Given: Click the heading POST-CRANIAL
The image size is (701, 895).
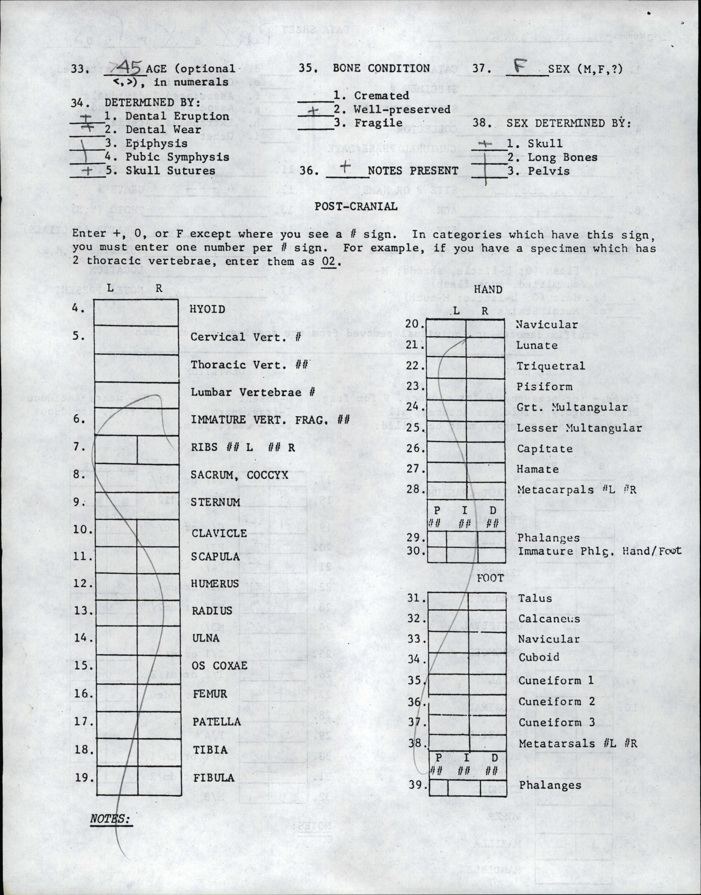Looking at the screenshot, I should (356, 206).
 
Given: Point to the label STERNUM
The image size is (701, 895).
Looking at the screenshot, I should (215, 502).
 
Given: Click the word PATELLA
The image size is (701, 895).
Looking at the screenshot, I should (217, 722).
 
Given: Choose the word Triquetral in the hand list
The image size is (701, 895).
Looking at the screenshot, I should (550, 366).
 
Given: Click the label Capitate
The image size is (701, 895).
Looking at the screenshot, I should (545, 449).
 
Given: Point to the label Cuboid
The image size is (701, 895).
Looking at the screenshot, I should (539, 657).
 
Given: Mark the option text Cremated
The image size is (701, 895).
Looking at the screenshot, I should (381, 96).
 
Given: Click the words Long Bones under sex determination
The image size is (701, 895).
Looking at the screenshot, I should (562, 157).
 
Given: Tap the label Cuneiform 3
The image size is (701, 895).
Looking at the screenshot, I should (556, 722).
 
